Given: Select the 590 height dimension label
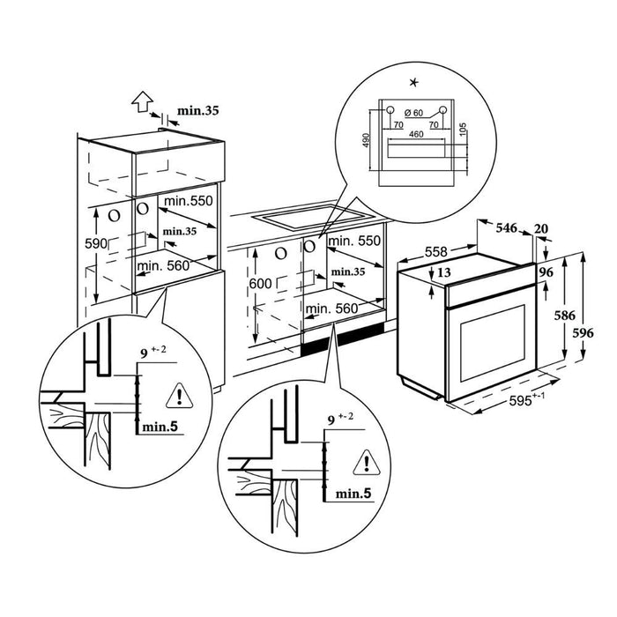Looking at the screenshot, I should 95,242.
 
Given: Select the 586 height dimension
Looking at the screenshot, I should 547,314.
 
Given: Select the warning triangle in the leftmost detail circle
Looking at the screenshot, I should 181,394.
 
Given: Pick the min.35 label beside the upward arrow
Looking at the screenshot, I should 198,111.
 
